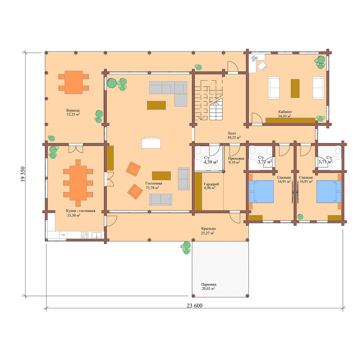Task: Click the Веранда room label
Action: (x=73, y=110)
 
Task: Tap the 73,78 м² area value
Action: (x=153, y=188)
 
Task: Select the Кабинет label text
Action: (x=285, y=112)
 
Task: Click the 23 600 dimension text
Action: (x=194, y=306)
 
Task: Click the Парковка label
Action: (x=208, y=284)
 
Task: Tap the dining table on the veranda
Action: (x=73, y=82)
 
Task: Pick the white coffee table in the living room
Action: (x=151, y=143)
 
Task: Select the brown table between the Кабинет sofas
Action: (x=295, y=88)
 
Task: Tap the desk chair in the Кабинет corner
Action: (x=262, y=66)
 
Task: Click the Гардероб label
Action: (x=211, y=184)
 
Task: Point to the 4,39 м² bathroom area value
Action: (x=211, y=162)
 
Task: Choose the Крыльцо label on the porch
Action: (x=208, y=228)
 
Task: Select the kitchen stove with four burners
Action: (x=84, y=235)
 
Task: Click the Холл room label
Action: (x=232, y=134)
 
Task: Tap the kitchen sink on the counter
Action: (x=97, y=235)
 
